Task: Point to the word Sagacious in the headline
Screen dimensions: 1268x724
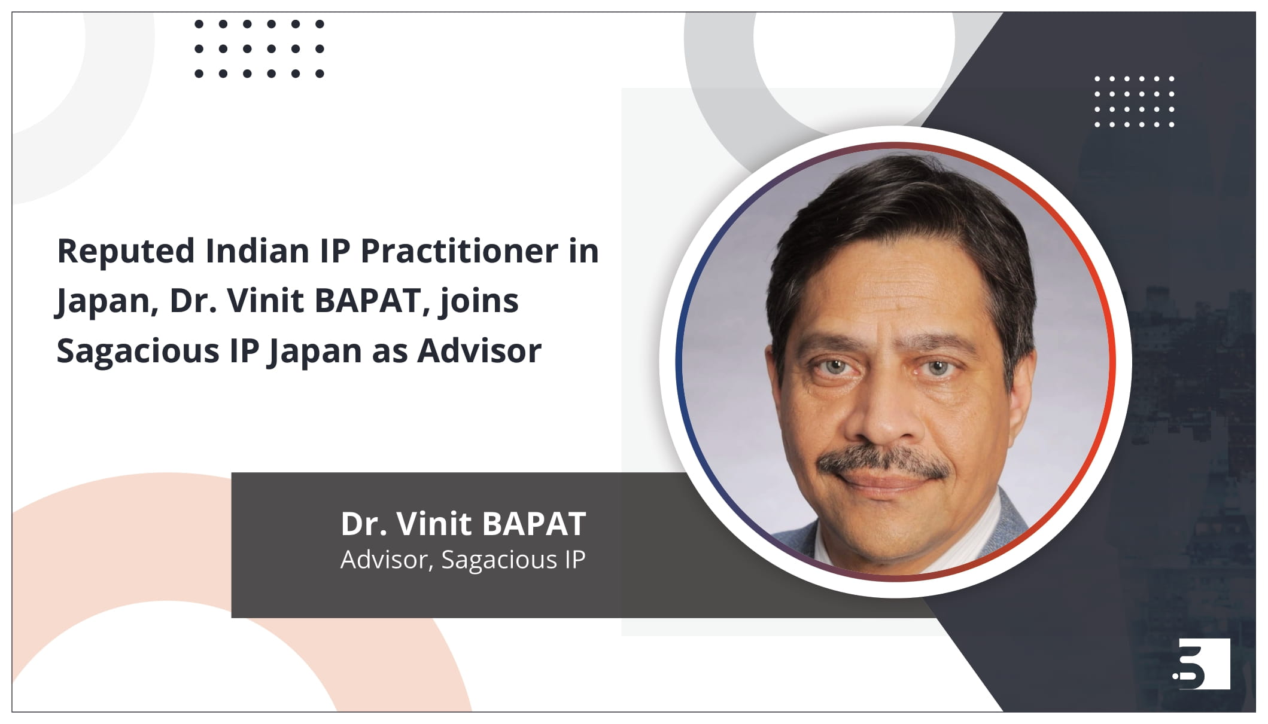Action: pos(138,352)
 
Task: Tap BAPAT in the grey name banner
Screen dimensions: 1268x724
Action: pos(534,524)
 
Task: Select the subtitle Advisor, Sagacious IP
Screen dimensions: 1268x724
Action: pos(463,560)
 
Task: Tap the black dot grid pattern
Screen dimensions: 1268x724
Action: pos(259,49)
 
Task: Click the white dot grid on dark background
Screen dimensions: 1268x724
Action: pos(1134,102)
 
